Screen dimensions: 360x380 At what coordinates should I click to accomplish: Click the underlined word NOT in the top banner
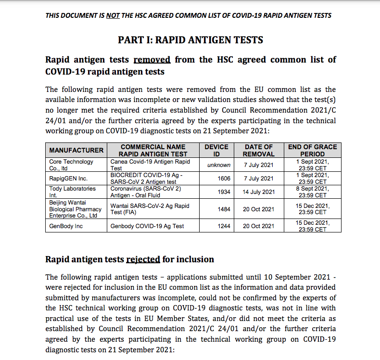[x=113, y=15]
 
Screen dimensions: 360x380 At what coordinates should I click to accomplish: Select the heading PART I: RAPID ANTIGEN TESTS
[x=190, y=40]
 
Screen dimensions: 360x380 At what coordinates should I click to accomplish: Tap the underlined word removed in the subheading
[x=152, y=60]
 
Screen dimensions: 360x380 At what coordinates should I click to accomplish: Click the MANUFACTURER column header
[x=76, y=150]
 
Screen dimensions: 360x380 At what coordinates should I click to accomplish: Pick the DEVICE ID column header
[x=216, y=150]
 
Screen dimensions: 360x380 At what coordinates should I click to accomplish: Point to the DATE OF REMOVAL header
[x=258, y=150]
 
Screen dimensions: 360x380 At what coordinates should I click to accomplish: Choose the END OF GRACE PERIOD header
[x=313, y=150]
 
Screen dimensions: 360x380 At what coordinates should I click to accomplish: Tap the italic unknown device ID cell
[x=219, y=165]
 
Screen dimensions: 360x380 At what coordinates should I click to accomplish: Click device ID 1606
[x=224, y=179]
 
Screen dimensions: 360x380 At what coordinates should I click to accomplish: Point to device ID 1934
[x=224, y=192]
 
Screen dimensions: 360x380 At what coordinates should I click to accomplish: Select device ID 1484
[x=224, y=209]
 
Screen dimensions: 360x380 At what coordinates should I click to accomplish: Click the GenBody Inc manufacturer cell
[x=66, y=226]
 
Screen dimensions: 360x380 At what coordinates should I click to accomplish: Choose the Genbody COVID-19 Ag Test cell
[x=145, y=226]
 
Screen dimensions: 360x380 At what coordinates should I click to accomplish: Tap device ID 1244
[x=224, y=226]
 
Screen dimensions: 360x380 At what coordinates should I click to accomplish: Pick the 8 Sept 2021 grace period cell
[x=313, y=192]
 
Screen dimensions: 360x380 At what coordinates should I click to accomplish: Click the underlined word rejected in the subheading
[x=143, y=259]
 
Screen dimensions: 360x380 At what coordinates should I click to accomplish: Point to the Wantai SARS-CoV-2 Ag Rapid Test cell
[x=149, y=209]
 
